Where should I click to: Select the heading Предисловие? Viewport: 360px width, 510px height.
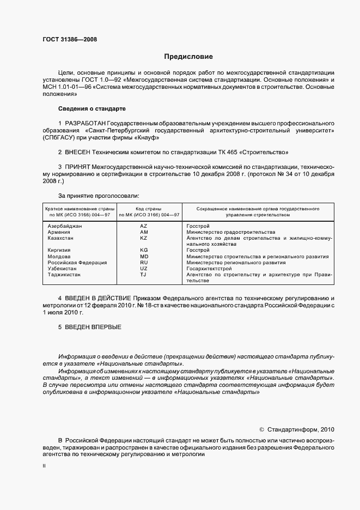point(188,57)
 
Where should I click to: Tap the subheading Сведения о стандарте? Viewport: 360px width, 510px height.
point(92,108)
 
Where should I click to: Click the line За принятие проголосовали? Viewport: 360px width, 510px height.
point(98,195)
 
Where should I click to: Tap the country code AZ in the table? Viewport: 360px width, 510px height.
point(144,226)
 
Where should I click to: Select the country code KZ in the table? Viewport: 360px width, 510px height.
point(144,238)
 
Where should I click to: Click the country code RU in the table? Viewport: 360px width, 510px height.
point(144,263)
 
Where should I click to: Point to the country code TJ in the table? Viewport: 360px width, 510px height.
point(144,275)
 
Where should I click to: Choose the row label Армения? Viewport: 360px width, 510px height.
point(59,232)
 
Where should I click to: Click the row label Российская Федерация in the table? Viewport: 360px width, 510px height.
point(77,263)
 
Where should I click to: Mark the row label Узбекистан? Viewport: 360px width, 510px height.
point(64,269)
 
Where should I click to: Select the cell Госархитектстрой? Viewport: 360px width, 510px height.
point(209,269)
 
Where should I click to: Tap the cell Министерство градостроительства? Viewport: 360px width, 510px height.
point(230,232)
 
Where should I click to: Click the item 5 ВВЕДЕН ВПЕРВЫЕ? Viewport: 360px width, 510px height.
point(90,327)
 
